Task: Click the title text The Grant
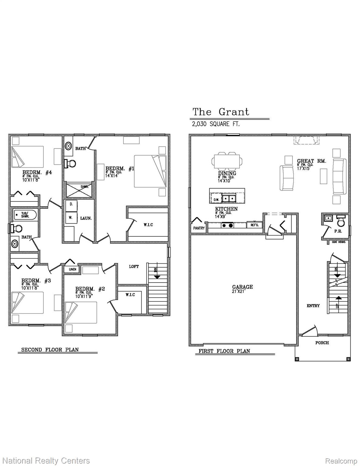pos(221,112)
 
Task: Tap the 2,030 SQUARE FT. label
pos(215,124)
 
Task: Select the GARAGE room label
pos(242,287)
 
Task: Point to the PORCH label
pos(322,343)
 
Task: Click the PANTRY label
pos(199,228)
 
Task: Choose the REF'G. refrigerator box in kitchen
pos(254,225)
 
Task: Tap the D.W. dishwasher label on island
pos(216,200)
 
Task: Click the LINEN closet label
pos(72,269)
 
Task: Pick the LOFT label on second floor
pos(134,266)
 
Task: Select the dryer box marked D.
pos(72,204)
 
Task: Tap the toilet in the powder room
pos(341,221)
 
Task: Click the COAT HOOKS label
pos(338,242)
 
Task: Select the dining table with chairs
pos(227,161)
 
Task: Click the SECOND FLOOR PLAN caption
pos(50,349)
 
